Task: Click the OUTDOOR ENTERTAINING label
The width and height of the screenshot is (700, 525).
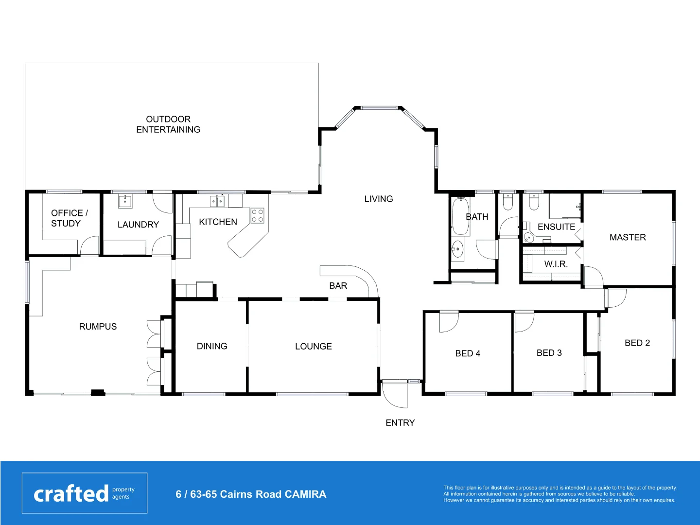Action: [x=168, y=124]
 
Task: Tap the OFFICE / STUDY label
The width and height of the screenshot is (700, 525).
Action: [x=69, y=218]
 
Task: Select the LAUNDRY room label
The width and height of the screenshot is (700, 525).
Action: [x=138, y=225]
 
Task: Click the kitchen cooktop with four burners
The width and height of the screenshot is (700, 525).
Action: [x=257, y=216]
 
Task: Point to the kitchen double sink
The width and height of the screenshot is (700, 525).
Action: [x=217, y=201]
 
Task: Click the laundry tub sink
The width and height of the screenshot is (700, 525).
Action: [x=125, y=200]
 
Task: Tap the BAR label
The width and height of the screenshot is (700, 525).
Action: [x=338, y=286]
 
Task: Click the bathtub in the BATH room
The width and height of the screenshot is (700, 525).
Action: [x=460, y=216]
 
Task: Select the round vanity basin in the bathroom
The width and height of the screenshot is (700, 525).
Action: [x=457, y=250]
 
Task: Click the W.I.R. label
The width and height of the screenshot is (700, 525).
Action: [x=556, y=264]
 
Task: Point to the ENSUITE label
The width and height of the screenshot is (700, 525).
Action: [x=556, y=227]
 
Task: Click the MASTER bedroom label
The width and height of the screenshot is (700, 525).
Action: [x=628, y=237]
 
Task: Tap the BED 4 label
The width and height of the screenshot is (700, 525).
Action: [x=468, y=353]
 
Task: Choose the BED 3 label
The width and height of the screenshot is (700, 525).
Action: [x=549, y=353]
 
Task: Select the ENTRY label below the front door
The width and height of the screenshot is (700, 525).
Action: [x=400, y=423]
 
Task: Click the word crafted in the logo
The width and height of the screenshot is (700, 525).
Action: [x=71, y=494]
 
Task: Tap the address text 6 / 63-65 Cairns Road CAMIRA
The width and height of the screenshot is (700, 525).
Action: [x=251, y=494]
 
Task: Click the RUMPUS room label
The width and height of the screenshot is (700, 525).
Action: [x=98, y=327]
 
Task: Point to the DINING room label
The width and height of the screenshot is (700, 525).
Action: [x=212, y=346]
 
